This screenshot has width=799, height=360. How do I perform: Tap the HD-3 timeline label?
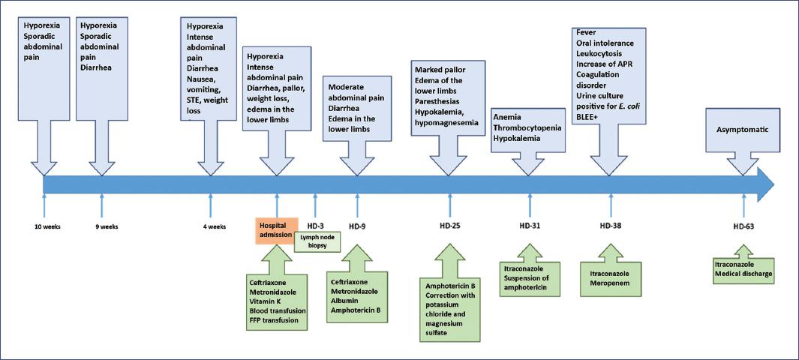coord(315,226)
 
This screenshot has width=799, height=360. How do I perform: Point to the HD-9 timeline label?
coord(358,226)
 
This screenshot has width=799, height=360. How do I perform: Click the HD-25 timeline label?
coord(450,226)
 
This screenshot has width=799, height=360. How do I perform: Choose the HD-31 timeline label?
coord(530,226)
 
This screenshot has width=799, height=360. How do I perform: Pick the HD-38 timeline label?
coord(611,226)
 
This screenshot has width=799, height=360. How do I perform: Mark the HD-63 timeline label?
coord(743,226)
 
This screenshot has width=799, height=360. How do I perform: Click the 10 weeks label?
coord(45,226)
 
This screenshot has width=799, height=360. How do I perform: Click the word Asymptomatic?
coord(743,130)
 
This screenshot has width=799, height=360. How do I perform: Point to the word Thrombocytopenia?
coord(528,128)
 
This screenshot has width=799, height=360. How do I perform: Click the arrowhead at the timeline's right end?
coord(766,184)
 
